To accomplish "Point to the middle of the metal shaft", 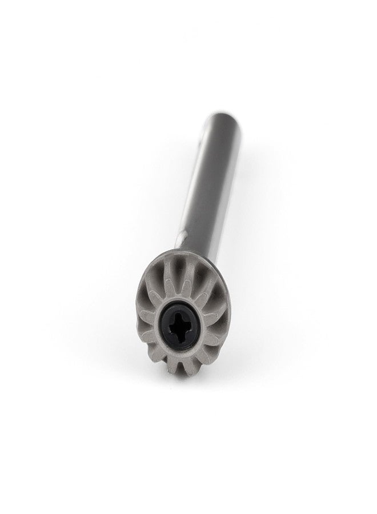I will [211, 183].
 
